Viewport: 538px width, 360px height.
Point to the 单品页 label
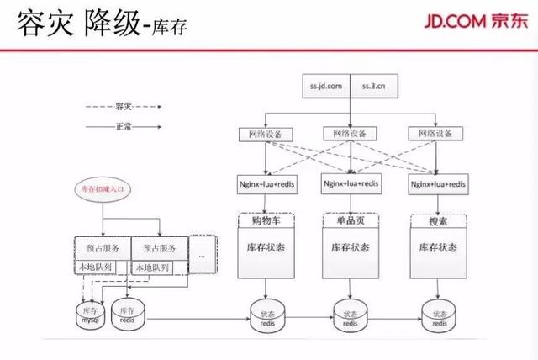point(347,220)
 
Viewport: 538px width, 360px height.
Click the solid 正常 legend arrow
point(123,126)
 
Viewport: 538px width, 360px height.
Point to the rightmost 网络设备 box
point(435,134)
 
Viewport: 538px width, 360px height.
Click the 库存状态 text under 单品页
point(348,248)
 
